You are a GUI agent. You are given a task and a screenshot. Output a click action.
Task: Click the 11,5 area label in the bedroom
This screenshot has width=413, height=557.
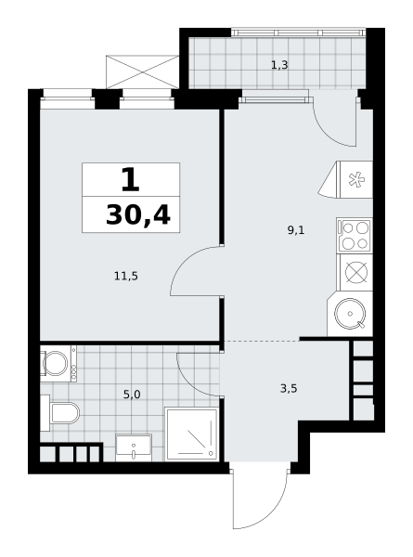(126, 276)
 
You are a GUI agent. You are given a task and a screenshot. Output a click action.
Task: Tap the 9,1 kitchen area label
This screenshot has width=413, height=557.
(296, 230)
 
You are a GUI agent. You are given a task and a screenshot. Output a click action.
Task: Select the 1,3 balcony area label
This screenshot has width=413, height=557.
(279, 65)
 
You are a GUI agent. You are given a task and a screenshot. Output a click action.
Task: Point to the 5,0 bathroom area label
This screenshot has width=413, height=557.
(132, 394)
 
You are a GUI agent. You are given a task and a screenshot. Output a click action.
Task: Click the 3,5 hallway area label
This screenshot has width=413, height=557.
(289, 389)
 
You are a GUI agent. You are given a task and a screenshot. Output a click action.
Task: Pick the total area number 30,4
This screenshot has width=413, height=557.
(138, 215)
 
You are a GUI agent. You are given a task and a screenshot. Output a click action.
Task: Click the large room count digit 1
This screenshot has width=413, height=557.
(130, 180)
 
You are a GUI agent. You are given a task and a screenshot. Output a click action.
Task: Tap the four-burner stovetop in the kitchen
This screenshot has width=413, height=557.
(355, 235)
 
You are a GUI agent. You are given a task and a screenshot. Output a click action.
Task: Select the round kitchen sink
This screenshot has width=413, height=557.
(350, 314)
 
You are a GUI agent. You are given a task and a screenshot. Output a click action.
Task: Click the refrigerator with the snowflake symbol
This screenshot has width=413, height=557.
(350, 179)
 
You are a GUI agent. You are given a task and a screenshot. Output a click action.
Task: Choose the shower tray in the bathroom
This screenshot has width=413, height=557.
(192, 434)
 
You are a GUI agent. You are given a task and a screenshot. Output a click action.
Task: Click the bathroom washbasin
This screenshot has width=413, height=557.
(134, 448)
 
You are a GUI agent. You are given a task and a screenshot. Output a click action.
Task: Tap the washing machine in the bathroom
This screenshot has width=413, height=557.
(58, 363)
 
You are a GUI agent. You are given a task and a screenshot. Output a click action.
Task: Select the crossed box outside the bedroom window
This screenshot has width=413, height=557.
(142, 71)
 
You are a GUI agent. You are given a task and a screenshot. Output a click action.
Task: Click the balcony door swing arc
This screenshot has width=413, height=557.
(329, 131)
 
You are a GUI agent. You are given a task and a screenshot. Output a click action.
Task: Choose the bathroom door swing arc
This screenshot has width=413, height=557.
(187, 380)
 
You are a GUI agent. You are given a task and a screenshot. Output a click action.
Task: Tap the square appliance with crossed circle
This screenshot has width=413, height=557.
(356, 272)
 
